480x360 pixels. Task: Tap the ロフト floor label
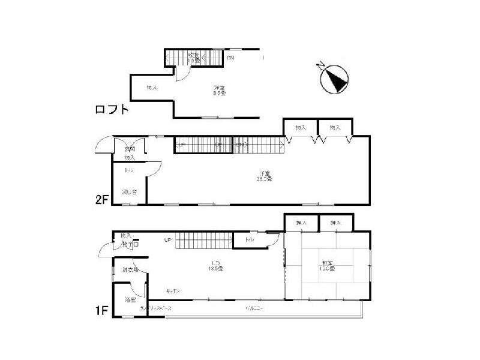[x=112, y=110]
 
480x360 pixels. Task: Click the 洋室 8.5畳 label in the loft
[x=219, y=91]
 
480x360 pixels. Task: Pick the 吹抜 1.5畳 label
[x=193, y=58]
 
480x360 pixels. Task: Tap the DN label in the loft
[x=230, y=58]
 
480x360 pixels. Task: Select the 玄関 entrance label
[x=130, y=149]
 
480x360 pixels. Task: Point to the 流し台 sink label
[x=130, y=192]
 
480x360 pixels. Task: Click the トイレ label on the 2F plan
[x=129, y=171]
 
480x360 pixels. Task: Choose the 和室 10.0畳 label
[x=327, y=266]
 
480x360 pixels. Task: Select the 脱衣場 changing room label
[x=130, y=270]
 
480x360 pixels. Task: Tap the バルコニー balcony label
[x=254, y=308]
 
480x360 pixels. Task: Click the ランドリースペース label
[x=156, y=308]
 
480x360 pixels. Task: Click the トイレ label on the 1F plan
[x=249, y=240]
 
